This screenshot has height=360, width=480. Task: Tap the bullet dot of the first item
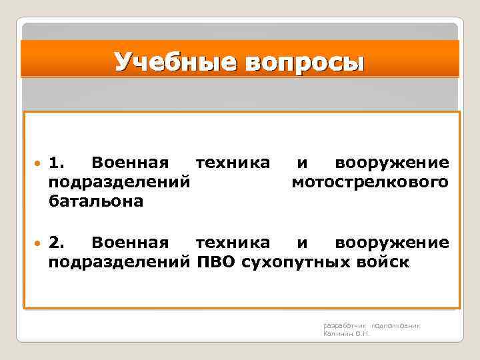pyautogui.click(x=38, y=163)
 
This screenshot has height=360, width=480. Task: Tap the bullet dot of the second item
pyautogui.click(x=38, y=243)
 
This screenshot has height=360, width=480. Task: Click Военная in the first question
pyautogui.click(x=131, y=163)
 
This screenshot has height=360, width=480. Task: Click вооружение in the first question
pyautogui.click(x=391, y=163)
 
